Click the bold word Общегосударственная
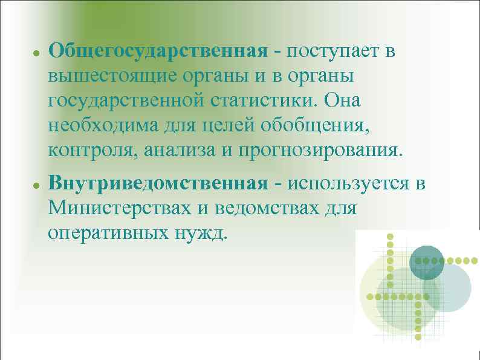(158, 51)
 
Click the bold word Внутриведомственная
(158, 183)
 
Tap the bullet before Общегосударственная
(36, 53)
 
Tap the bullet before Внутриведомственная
(36, 184)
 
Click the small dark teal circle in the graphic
(427, 263)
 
